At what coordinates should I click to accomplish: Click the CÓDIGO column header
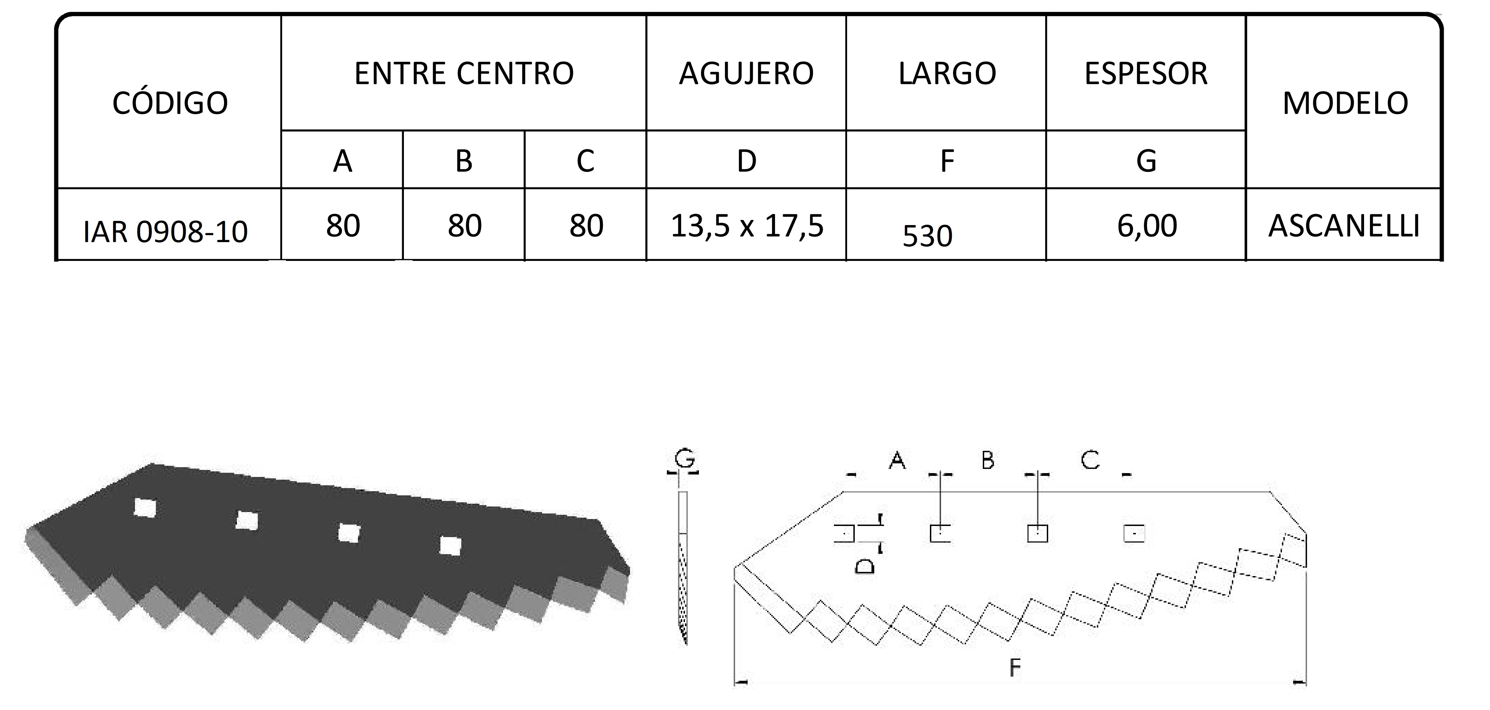click(x=170, y=103)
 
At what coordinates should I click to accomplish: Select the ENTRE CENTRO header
click(x=464, y=73)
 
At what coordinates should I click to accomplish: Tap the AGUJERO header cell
click(x=746, y=73)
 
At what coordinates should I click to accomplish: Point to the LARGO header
click(x=947, y=73)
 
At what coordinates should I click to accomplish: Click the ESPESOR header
click(x=1146, y=73)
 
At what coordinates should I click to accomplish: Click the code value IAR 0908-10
click(x=166, y=232)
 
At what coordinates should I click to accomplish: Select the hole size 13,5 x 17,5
click(x=747, y=225)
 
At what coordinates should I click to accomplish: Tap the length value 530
click(x=927, y=236)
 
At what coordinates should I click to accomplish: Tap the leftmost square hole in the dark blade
click(x=145, y=507)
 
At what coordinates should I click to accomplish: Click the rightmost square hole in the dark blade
click(x=450, y=545)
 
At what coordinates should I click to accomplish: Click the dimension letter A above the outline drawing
click(x=897, y=460)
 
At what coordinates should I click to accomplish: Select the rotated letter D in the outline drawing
click(x=865, y=565)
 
